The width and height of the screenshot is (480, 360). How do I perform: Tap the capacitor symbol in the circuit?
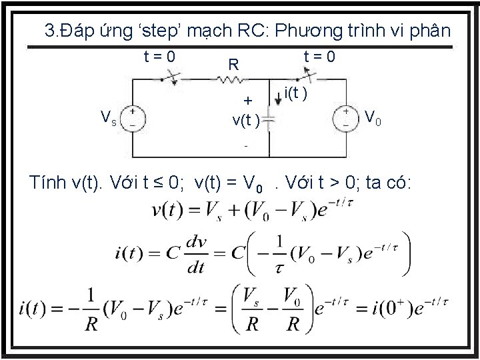267,120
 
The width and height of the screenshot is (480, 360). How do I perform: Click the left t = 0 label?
159,56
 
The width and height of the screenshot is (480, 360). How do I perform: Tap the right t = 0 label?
319,56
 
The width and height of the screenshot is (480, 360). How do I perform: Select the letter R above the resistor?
233,65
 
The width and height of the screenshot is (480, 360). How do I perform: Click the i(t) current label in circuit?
295,94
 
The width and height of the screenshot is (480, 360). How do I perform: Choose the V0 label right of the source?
373,118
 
